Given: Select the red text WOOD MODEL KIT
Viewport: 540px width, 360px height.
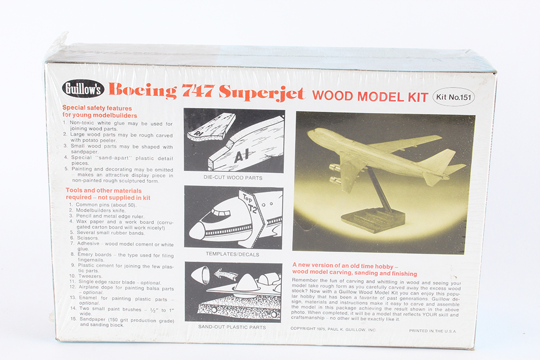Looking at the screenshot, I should coord(370,97).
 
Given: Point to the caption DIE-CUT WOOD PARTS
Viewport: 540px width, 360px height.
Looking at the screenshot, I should coord(233,178).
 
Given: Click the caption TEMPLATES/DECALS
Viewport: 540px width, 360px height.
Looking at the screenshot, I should coord(233,254).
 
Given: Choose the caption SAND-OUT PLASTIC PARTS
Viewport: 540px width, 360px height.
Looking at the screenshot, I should coord(233,328).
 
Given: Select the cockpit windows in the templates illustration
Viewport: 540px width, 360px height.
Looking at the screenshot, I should coord(219,213).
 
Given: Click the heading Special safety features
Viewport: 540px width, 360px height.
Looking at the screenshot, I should coord(97,107).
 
